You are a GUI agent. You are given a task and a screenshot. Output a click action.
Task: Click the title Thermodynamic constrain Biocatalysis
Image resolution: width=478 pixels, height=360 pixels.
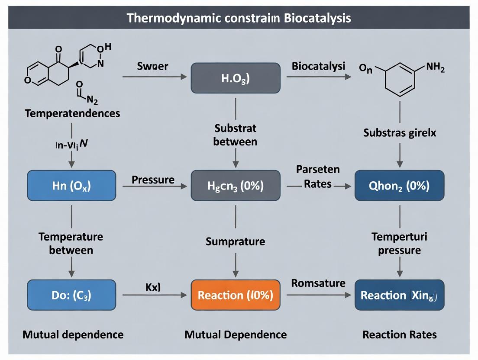pos(239,18)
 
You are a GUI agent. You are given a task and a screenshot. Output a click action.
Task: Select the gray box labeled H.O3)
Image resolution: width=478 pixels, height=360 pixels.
pos(236,78)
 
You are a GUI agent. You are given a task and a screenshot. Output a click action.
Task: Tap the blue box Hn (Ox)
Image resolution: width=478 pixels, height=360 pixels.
pos(71,185)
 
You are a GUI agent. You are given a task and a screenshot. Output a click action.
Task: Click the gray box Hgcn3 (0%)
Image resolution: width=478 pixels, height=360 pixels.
pos(236,185)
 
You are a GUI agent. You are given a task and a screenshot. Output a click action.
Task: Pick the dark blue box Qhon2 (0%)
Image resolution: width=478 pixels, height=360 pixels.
pos(399,185)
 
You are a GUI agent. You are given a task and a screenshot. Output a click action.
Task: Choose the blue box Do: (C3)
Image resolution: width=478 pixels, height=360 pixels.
pos(71,295)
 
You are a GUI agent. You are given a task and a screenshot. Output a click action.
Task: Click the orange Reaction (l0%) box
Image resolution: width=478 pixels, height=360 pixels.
pos(236,295)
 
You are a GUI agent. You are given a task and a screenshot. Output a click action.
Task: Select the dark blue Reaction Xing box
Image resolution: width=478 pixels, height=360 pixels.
pos(399,295)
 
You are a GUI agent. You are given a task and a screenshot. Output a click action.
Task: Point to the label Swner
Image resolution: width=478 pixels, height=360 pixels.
pos(152,67)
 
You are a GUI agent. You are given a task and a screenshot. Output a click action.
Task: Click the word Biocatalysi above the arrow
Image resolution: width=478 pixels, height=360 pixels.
pos(318,66)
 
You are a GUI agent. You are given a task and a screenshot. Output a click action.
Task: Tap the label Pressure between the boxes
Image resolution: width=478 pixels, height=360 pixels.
pos(153,179)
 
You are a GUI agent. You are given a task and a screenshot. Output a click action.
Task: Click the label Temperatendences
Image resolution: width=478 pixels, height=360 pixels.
pos(72,114)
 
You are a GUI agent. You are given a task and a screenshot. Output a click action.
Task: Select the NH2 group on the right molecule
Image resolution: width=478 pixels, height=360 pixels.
pos(435,68)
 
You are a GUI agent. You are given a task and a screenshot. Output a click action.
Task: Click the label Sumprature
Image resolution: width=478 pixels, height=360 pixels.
pos(236,241)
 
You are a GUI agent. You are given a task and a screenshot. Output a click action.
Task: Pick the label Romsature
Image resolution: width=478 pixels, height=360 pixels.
pos(318,283)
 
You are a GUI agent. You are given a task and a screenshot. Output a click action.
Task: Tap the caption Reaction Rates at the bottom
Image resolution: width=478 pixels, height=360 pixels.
pos(399,334)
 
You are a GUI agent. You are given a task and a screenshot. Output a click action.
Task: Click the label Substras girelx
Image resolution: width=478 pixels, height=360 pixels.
pos(399,133)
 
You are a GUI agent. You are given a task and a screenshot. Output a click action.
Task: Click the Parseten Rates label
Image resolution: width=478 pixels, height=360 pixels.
pos(318,177)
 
